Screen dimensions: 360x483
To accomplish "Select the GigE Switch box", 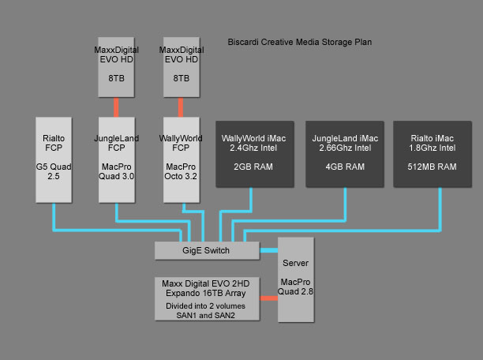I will [x=207, y=250].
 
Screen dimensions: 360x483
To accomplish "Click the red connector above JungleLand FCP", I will [x=116, y=106].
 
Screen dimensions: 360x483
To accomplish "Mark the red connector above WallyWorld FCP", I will [x=181, y=106].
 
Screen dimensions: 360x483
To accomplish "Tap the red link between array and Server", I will [x=269, y=298].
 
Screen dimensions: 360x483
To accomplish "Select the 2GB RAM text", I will [x=253, y=167].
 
